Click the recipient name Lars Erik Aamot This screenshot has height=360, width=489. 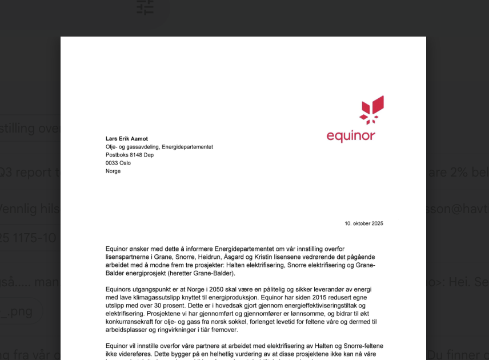[127, 139]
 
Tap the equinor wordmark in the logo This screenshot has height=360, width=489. [351, 136]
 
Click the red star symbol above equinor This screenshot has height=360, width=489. [371, 109]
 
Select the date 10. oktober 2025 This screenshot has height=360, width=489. [364, 223]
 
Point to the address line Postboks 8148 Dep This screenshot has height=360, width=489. [130, 155]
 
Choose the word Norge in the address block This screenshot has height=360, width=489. [113, 171]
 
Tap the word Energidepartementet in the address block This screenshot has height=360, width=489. [187, 147]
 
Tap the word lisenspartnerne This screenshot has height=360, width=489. [126, 257]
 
